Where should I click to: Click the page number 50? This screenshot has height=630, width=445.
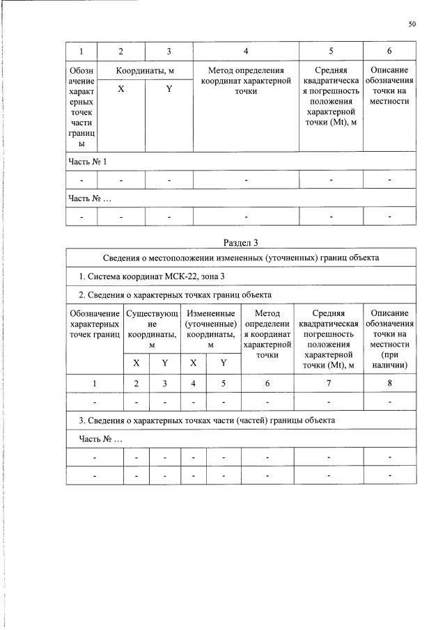point(412,24)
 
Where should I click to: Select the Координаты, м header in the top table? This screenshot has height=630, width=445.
point(145,71)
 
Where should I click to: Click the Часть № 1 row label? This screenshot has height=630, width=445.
point(87,162)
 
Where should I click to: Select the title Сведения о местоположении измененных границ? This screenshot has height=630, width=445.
point(240,258)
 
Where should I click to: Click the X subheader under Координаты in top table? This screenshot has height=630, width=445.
point(121,90)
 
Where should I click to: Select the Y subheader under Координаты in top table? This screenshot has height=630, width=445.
point(169,90)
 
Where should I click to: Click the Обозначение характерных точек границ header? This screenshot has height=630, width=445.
point(95,324)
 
